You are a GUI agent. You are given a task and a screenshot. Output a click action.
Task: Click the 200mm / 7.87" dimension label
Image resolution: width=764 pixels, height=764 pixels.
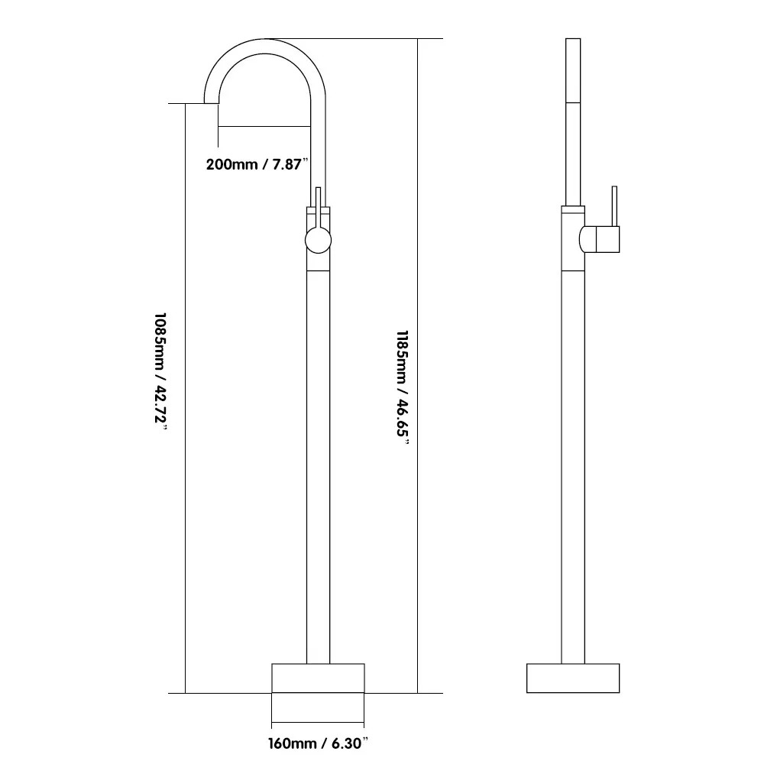click(257, 164)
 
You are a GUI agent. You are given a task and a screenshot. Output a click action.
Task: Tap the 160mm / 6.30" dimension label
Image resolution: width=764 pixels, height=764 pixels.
click(318, 743)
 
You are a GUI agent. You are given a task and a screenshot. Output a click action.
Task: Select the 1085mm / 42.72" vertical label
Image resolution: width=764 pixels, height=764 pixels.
click(160, 374)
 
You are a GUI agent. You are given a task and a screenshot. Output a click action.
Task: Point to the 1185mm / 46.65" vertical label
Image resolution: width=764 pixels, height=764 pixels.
click(403, 387)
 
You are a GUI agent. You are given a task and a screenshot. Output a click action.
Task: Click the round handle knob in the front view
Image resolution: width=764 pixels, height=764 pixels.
click(318, 241)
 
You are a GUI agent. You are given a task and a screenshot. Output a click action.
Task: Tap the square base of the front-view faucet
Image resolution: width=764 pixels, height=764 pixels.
click(318, 678)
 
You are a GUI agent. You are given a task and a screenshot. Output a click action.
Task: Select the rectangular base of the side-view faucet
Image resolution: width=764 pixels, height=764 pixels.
click(573, 678)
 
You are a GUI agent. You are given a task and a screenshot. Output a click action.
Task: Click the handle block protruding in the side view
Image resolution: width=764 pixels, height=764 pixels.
click(600, 239)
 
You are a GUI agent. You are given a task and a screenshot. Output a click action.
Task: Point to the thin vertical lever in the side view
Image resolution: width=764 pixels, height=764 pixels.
click(614, 206)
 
